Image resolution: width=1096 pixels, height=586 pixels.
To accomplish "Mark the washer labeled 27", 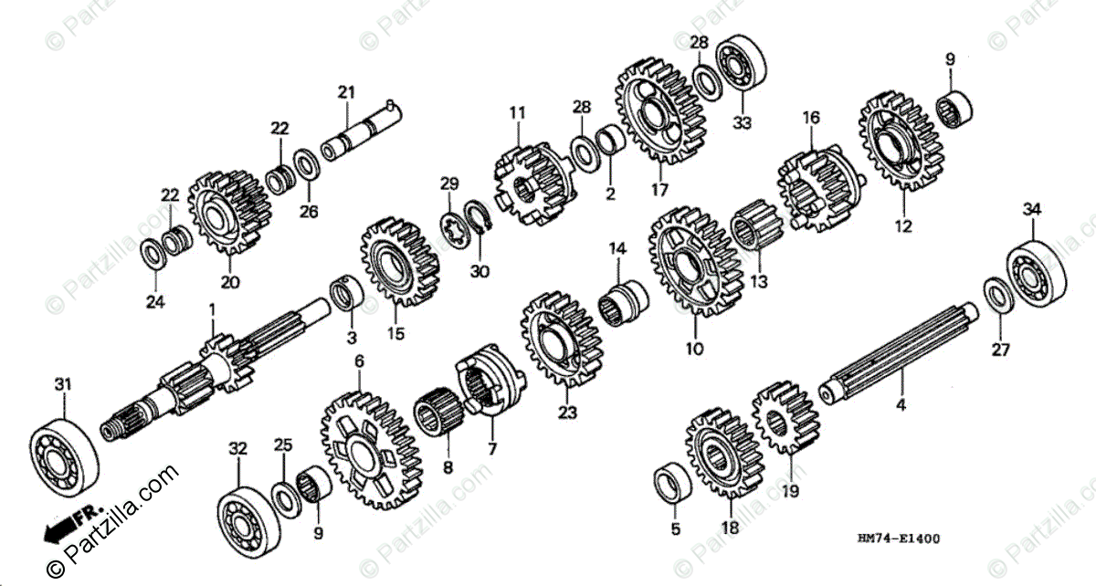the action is [996, 294].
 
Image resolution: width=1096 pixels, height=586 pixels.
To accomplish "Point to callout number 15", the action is [395, 333].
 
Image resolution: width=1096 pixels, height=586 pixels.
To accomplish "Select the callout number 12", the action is [902, 227].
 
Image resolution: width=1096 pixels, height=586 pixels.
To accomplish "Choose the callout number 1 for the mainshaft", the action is [212, 310].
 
